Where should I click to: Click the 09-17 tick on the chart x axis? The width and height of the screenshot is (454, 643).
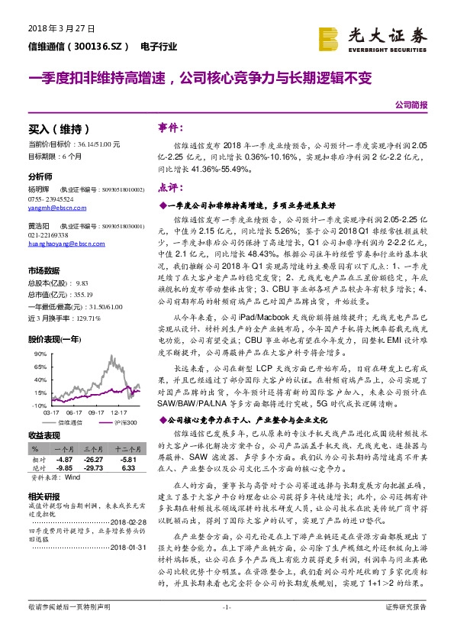pos(97,410)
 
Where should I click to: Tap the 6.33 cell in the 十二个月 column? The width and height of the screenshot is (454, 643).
pos(127,469)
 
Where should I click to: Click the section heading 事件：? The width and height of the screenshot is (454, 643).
pos(169,127)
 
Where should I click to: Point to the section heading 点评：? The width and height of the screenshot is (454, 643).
pos(169,187)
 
